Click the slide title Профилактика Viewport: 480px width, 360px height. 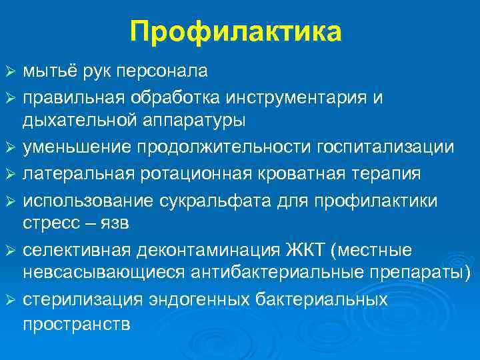pyautogui.click(x=236, y=32)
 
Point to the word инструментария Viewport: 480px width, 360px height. pyautogui.click(x=295, y=98)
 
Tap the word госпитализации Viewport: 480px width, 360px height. pyautogui.click(x=391, y=146)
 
